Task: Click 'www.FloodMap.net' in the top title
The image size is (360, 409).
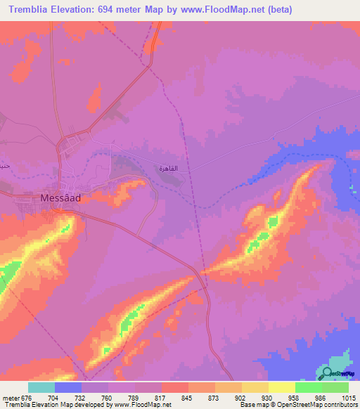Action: point(221,10)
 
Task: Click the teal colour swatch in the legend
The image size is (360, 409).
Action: point(41,387)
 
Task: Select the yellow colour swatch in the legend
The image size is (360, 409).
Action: point(281,387)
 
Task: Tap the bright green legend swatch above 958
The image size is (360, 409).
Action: point(308,387)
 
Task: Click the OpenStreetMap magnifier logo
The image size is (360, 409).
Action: point(327,373)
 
